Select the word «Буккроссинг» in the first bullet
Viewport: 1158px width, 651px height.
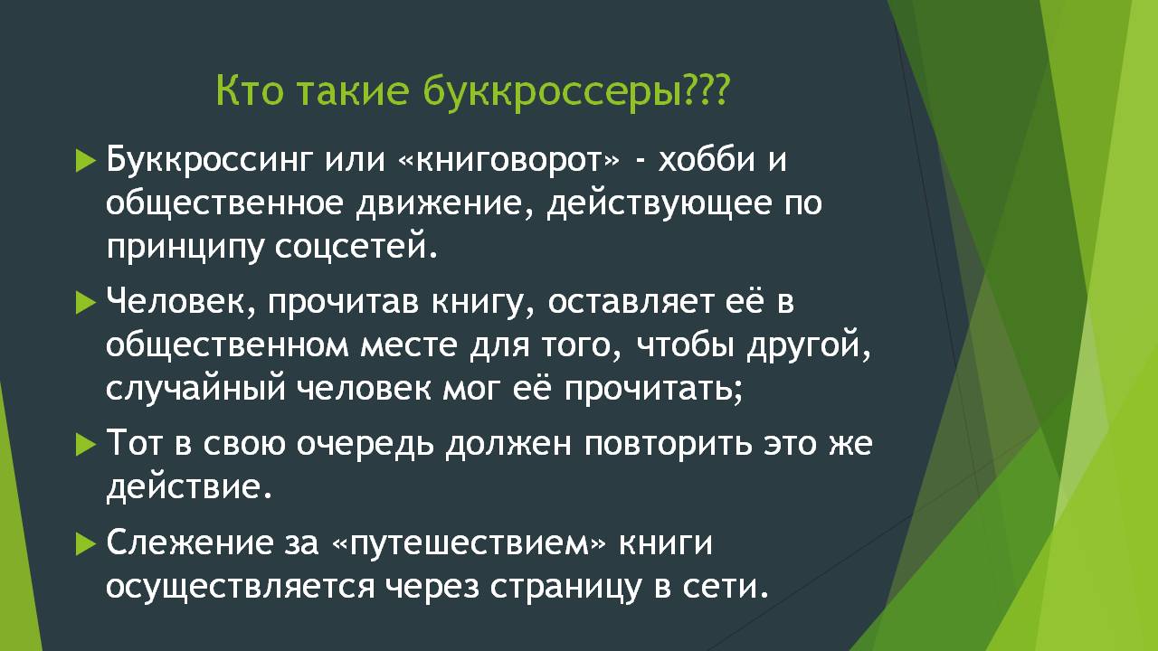click(210, 161)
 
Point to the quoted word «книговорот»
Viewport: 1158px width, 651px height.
click(509, 160)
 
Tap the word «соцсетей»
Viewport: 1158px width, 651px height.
click(356, 248)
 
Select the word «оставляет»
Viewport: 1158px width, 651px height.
click(631, 302)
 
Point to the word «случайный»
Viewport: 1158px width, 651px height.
click(196, 388)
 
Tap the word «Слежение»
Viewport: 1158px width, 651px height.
click(190, 543)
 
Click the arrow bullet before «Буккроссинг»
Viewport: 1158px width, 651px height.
click(85, 160)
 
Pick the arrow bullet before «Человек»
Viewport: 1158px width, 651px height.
click(85, 303)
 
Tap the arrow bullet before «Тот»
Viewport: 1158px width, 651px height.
click(85, 445)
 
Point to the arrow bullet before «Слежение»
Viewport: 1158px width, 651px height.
click(85, 544)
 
